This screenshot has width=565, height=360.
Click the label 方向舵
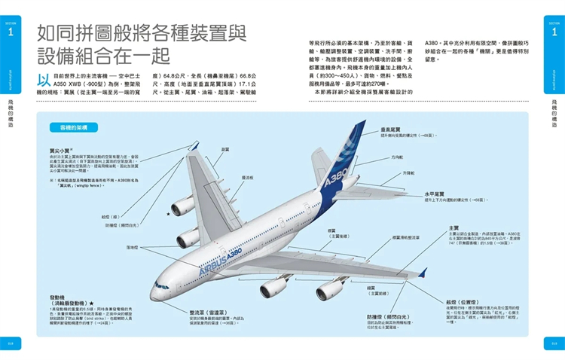click(397, 157)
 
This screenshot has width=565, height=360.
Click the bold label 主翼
click(454, 227)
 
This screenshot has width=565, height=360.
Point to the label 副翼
click(225, 149)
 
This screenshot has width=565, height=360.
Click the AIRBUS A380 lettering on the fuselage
click(226, 265)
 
